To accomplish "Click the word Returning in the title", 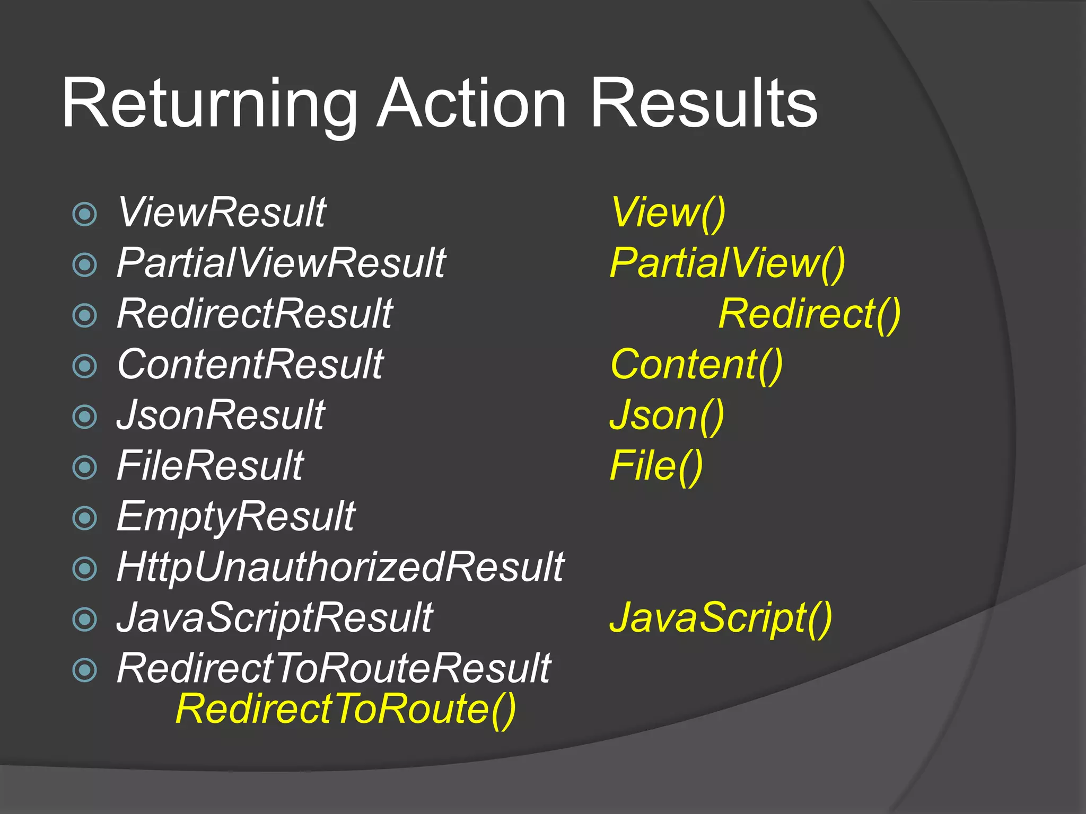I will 209,103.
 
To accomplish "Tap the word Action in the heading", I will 471,103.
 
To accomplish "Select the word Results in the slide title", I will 704,103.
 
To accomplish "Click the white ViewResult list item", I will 222,213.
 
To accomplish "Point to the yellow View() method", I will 668,213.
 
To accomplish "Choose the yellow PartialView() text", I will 727,263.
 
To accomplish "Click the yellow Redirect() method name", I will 809,314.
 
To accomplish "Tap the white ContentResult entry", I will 250,365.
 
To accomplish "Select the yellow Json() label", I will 667,415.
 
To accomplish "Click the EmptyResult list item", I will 236,517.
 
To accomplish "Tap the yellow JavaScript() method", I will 721,618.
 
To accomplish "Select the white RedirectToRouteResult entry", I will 334,669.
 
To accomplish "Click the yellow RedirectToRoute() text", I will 345,709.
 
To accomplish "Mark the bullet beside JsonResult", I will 85,417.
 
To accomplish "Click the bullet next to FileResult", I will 85,467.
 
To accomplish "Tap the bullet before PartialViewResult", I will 85,264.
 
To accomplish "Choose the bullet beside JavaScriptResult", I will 85,619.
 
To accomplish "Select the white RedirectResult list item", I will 255,314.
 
